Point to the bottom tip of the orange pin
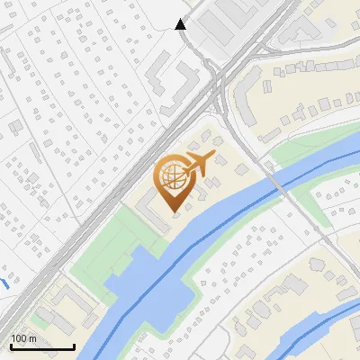[174, 212]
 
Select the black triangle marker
[180, 24]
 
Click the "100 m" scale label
[23, 337]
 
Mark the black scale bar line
[42, 346]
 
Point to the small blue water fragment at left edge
[4, 284]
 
